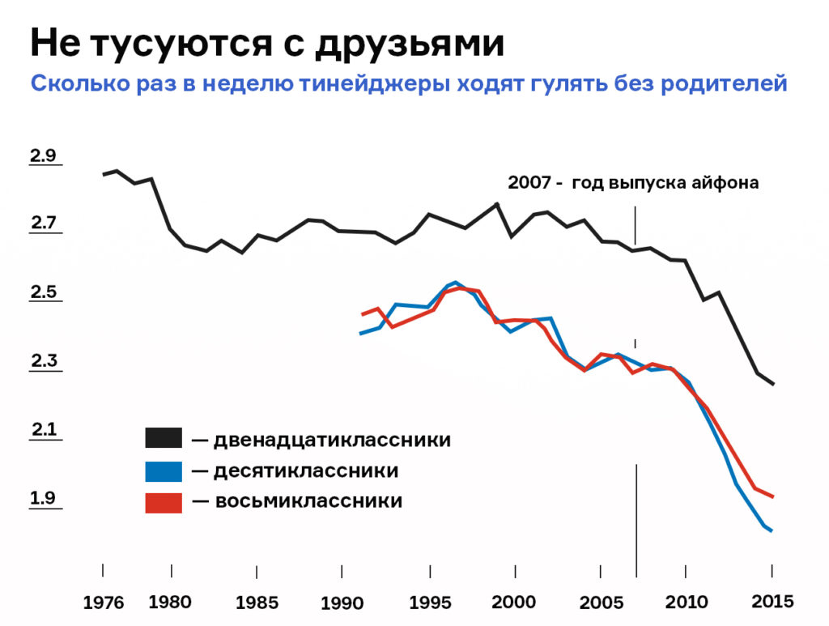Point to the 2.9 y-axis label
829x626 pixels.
pos(43,155)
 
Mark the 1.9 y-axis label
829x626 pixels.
pos(43,498)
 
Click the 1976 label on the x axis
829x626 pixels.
pos(103,603)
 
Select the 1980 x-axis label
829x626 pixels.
pos(170,602)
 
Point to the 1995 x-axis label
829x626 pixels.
pos(430,603)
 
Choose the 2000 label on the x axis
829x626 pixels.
pos(513,602)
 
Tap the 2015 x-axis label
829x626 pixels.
pos(772,601)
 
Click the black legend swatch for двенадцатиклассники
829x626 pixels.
pos(164,439)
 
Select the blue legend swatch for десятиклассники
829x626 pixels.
pos(164,471)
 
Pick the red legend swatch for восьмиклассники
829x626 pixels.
pos(164,501)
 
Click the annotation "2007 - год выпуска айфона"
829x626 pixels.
pos(633,182)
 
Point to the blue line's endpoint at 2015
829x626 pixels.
pos(772,531)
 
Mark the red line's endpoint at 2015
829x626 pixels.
pos(772,496)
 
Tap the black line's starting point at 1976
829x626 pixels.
pos(104,174)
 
